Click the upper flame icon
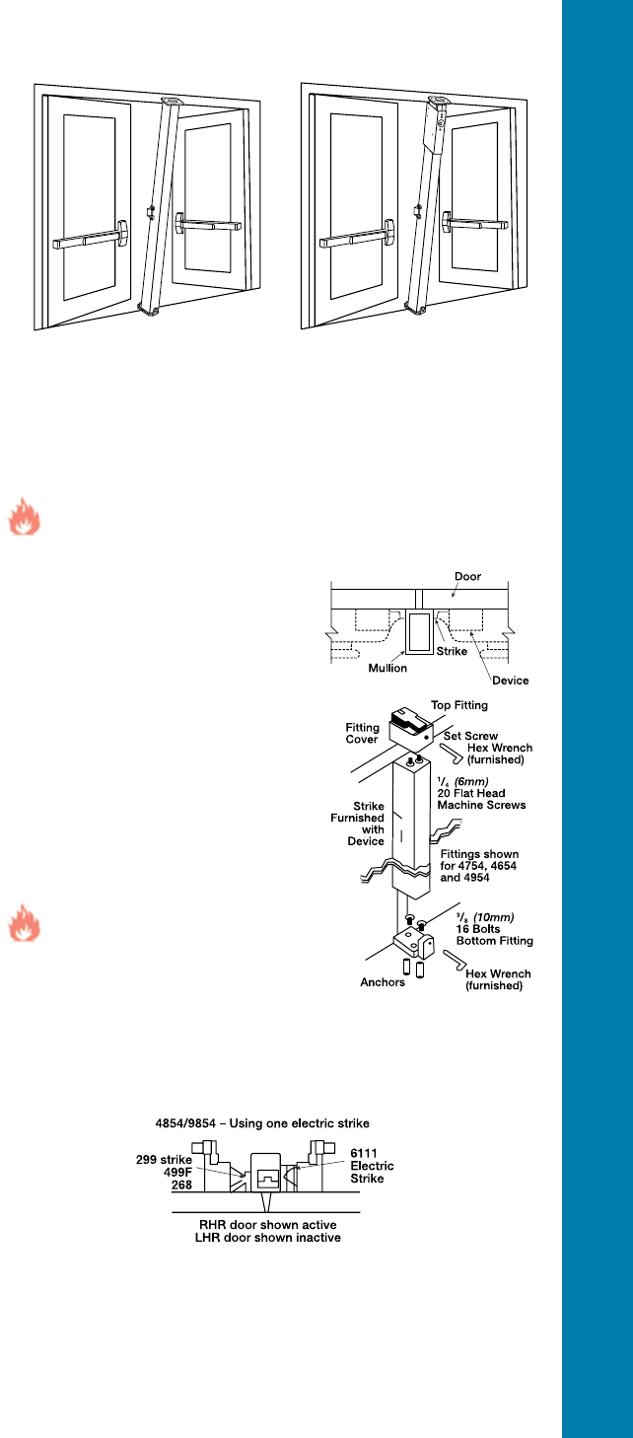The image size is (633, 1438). (24, 519)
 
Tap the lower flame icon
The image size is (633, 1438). (24, 927)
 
